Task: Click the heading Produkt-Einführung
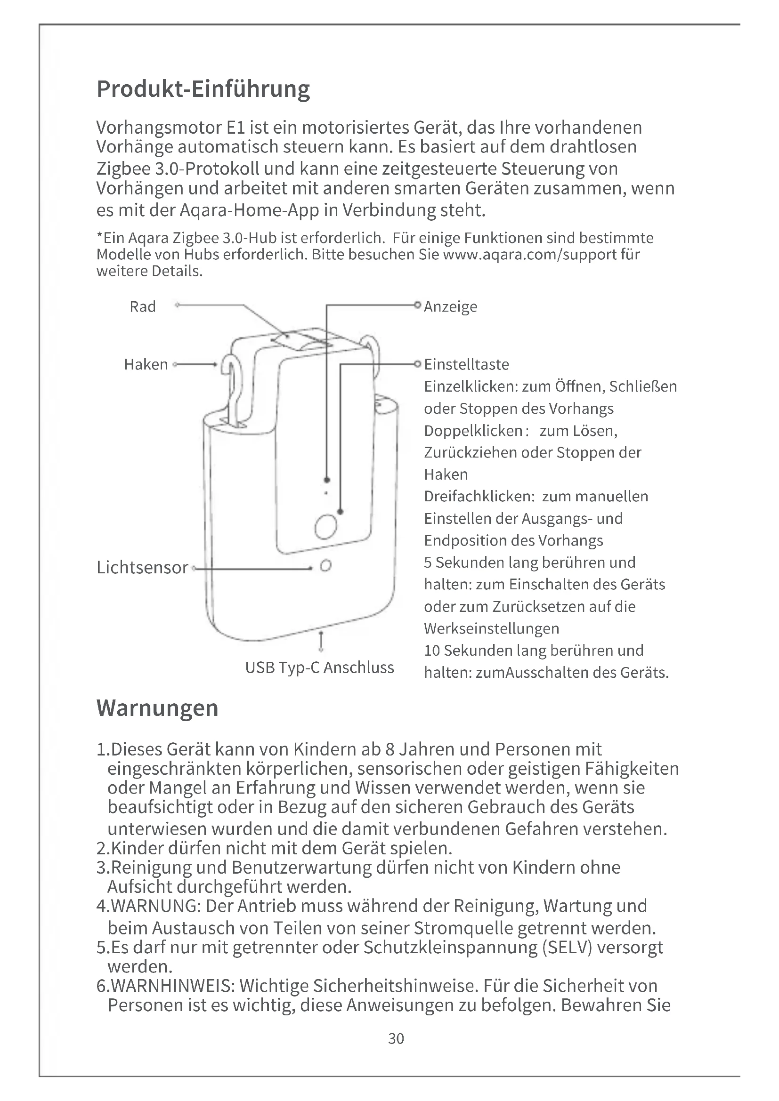coord(203,89)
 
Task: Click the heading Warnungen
coord(157,708)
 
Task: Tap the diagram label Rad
coord(142,306)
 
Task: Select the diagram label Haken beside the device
coord(146,364)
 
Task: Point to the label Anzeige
coord(450,306)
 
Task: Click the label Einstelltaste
coord(466,364)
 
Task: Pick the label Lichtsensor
coord(142,567)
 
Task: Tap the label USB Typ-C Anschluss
coord(319,667)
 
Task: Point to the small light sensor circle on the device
coord(326,566)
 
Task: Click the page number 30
coord(396,1039)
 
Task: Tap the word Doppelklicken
coord(473,431)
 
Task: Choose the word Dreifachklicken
coord(479,496)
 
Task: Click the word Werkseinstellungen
coord(492,629)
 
